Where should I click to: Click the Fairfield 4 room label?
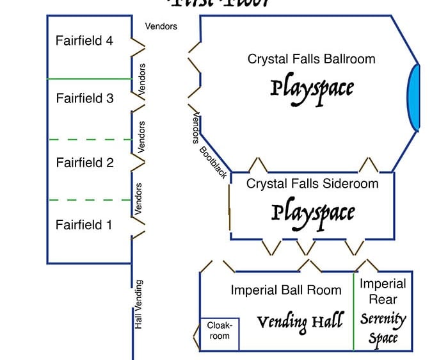pyautogui.click(x=84, y=40)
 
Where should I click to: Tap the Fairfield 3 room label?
pyautogui.click(x=84, y=99)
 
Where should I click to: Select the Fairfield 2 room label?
pyautogui.click(x=84, y=163)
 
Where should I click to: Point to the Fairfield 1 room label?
pyautogui.click(x=84, y=225)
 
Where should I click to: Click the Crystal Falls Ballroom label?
pyautogui.click(x=311, y=59)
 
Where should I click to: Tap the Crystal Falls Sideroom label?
pyautogui.click(x=312, y=184)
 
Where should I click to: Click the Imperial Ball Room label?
pyautogui.click(x=286, y=290)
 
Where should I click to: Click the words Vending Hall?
pyautogui.click(x=300, y=322)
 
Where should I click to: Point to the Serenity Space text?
pyautogui.click(x=383, y=328)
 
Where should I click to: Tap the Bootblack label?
pyautogui.click(x=214, y=163)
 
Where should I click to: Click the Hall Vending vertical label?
pyautogui.click(x=139, y=305)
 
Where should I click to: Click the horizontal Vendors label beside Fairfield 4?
pyautogui.click(x=161, y=27)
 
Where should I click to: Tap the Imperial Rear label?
pyautogui.click(x=383, y=291)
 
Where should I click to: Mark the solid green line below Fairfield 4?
pyautogui.click(x=90, y=79)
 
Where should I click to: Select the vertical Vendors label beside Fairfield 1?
pyautogui.click(x=139, y=199)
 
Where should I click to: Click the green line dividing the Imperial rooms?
pyautogui.click(x=354, y=312)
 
